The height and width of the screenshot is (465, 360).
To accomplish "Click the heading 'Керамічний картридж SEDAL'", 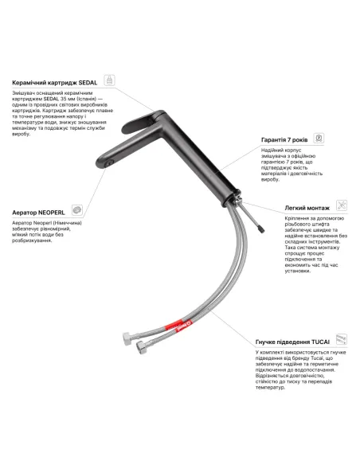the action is coord(55,83).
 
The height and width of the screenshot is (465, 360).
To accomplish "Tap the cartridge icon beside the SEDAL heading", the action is coord(109,80).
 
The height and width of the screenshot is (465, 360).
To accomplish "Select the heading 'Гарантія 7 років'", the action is coord(284,139).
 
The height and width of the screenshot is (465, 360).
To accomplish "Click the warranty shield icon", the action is coord(319,138).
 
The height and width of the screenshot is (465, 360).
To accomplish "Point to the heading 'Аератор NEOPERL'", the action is coord(38,213).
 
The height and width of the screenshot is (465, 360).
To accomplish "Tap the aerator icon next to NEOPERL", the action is coord(77,209).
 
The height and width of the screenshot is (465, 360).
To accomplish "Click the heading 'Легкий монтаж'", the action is coord(307,208).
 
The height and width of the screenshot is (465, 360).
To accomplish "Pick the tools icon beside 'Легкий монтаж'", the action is coord(342,205).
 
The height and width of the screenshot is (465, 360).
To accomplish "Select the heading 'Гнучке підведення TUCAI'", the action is coord(292,342).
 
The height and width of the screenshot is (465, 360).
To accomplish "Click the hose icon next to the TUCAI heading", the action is coord(342,339).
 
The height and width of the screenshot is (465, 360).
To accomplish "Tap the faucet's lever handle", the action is coord(142,122).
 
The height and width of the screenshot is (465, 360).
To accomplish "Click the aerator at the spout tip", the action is coord(109,163).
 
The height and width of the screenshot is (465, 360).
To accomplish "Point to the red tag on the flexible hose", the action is coord(178,326).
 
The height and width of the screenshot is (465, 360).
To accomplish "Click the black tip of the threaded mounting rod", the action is coord(260,229).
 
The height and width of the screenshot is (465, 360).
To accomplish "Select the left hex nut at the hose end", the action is coord(127,338).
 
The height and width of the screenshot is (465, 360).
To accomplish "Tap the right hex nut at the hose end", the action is coord(141,346).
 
